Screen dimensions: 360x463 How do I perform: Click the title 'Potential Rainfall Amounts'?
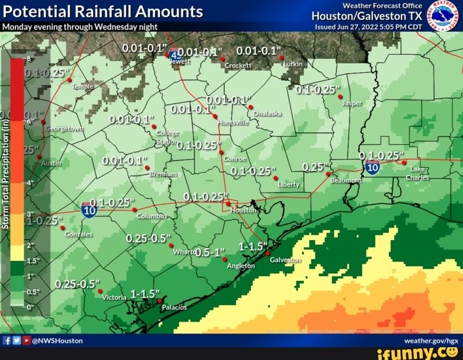tap(103, 11)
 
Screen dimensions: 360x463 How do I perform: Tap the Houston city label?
tap(243, 210)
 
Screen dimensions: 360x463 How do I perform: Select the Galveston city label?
tap(285, 260)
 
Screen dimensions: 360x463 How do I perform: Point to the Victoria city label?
tap(114, 297)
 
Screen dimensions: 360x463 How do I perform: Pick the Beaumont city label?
tap(345, 181)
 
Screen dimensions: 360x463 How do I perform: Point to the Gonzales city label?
tap(79, 234)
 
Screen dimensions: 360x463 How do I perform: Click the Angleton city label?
tap(241, 266)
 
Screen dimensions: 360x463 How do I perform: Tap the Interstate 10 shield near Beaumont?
tap(372, 167)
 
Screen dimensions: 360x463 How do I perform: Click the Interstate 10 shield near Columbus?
tap(89, 209)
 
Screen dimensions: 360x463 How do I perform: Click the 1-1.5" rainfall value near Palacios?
tap(146, 294)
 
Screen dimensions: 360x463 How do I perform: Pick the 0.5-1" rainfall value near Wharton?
tap(211, 252)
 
